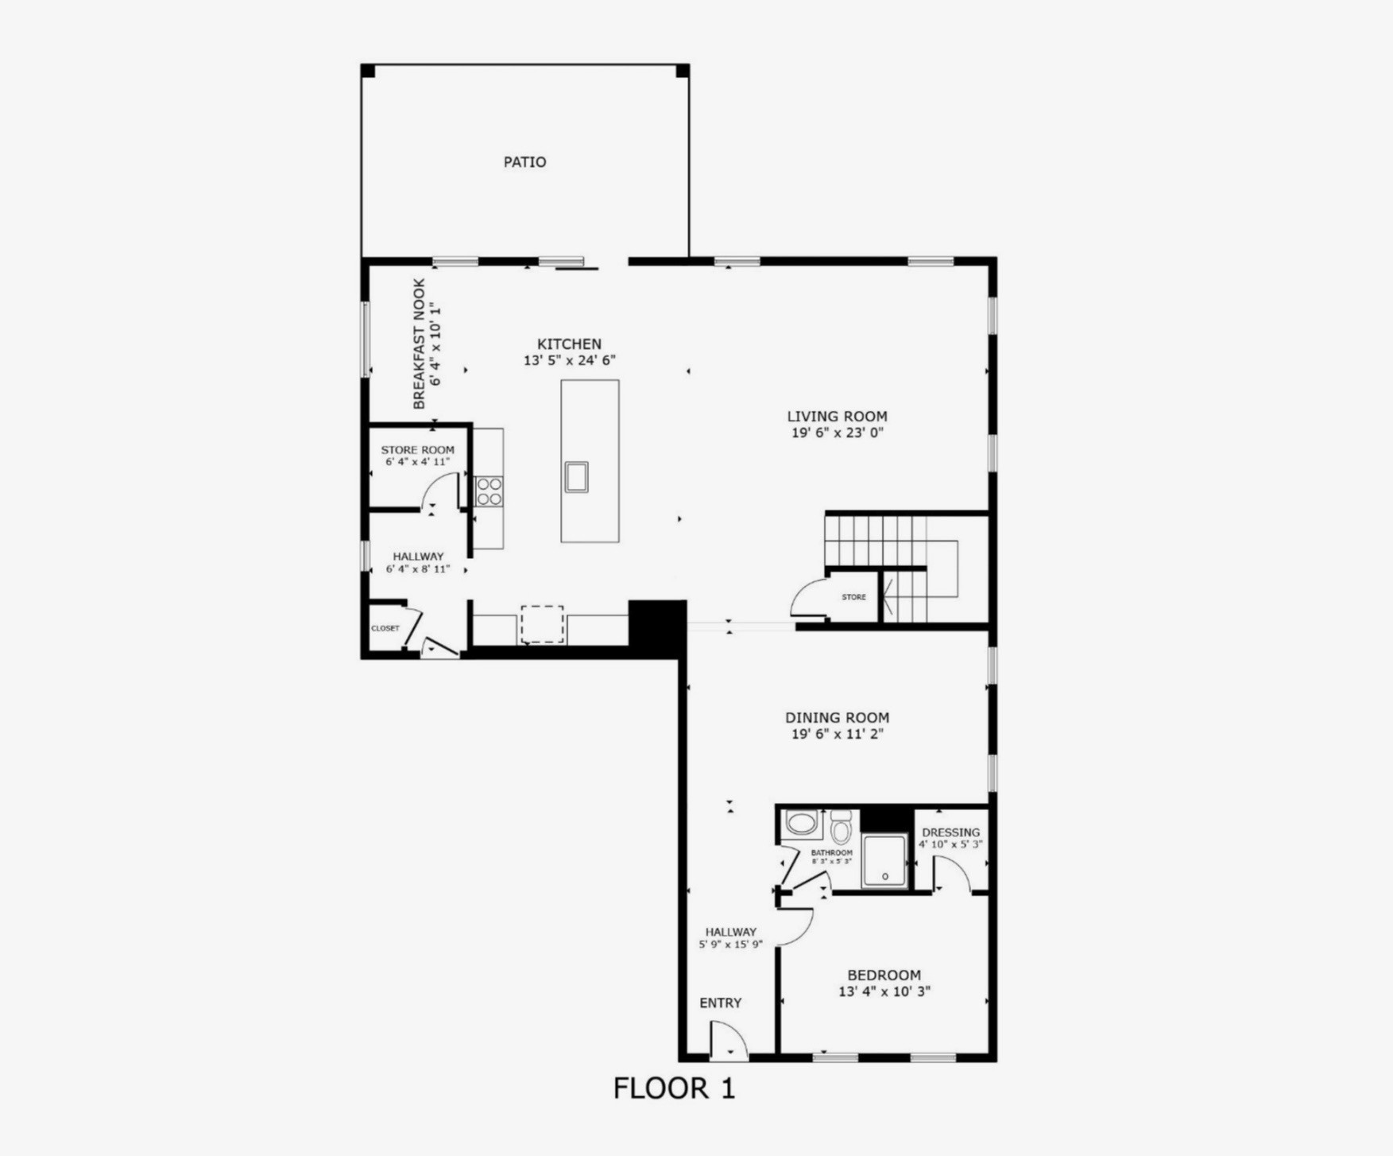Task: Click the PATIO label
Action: pyautogui.click(x=524, y=162)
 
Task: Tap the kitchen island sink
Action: pyautogui.click(x=576, y=477)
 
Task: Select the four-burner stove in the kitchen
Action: pyautogui.click(x=489, y=491)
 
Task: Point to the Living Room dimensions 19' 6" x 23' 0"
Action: pyautogui.click(x=837, y=433)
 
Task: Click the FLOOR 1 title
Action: pyautogui.click(x=674, y=1088)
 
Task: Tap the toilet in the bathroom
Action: pyautogui.click(x=841, y=829)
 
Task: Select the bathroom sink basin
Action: pyautogui.click(x=802, y=824)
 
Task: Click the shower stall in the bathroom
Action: pyautogui.click(x=884, y=860)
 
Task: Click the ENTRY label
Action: pyautogui.click(x=720, y=1003)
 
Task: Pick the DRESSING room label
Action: pyautogui.click(x=950, y=832)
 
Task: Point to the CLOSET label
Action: pyautogui.click(x=385, y=628)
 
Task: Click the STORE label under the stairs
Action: pyautogui.click(x=853, y=597)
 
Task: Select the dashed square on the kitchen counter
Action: pyautogui.click(x=543, y=624)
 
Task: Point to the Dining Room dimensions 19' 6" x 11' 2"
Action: pyautogui.click(x=837, y=734)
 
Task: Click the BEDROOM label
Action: pyautogui.click(x=884, y=976)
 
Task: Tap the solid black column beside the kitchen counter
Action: pyautogui.click(x=657, y=627)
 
